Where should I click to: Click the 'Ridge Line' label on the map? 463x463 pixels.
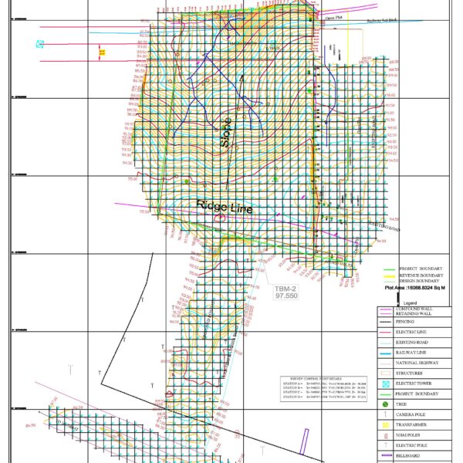click(x=225, y=207)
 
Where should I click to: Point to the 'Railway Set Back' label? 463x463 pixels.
click(x=380, y=21)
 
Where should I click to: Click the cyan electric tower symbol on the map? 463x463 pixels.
click(x=40, y=44)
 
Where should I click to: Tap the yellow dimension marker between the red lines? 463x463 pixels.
click(x=102, y=52)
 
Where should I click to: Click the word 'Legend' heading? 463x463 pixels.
click(x=410, y=302)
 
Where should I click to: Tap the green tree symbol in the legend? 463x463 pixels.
click(x=385, y=404)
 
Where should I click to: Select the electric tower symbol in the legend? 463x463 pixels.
click(x=385, y=383)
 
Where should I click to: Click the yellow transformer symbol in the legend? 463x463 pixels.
click(x=385, y=424)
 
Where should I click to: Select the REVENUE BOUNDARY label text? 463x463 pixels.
click(x=421, y=275)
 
